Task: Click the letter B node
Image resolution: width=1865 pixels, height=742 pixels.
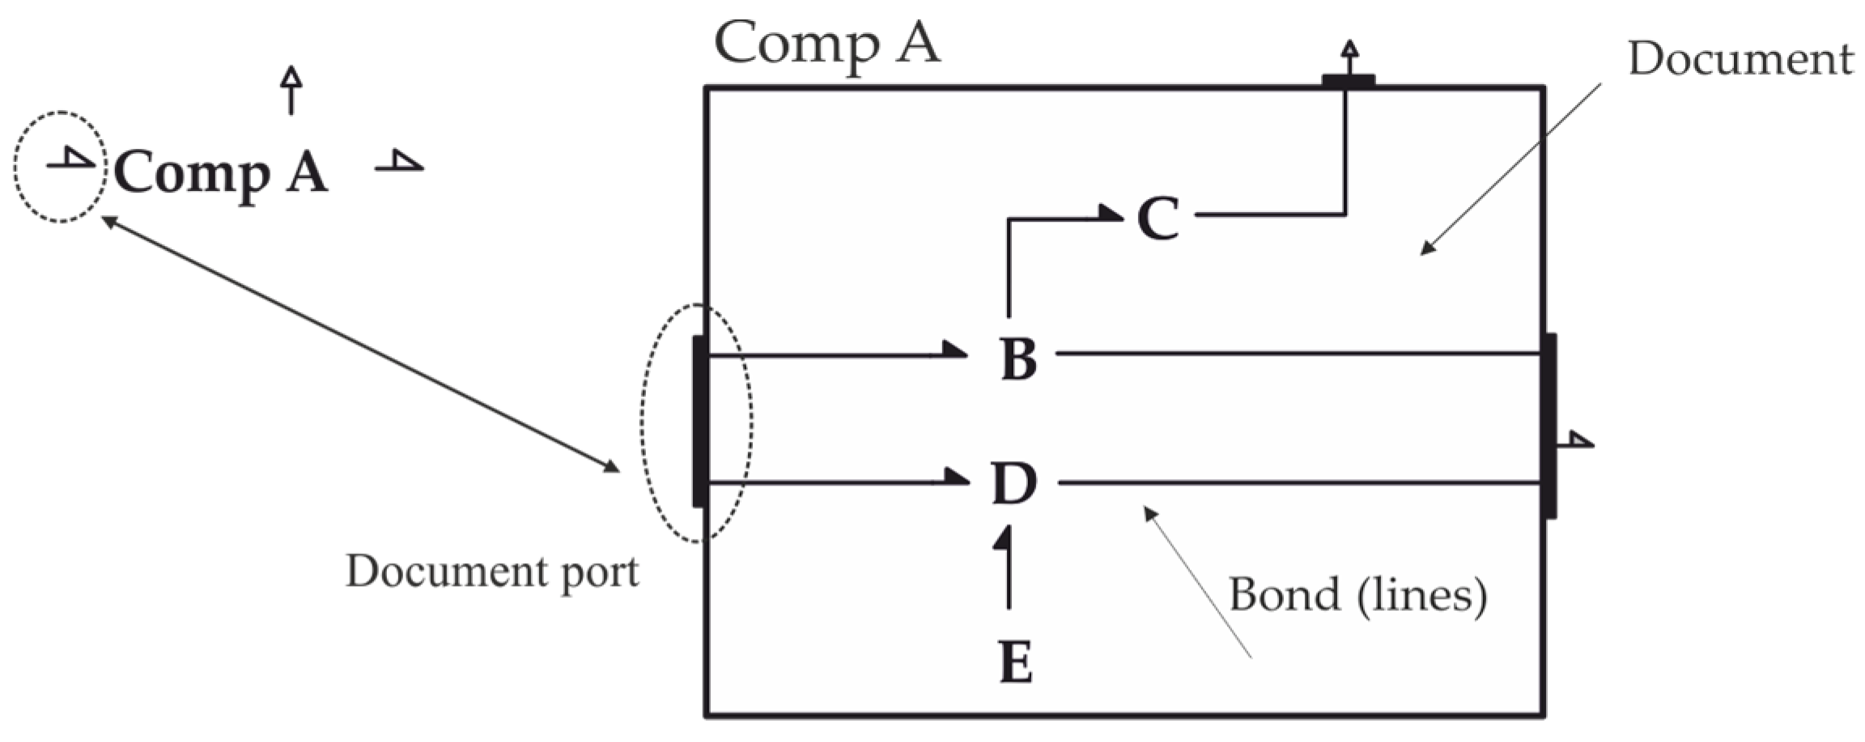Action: (x=1018, y=358)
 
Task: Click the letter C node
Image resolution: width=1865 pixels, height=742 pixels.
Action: (x=1158, y=218)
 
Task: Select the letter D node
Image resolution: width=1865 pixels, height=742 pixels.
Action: (x=1013, y=484)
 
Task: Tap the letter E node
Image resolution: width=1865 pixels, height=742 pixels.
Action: (x=1015, y=662)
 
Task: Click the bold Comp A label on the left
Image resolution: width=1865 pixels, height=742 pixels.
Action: (x=220, y=172)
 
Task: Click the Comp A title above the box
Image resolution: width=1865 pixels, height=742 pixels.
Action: (x=826, y=43)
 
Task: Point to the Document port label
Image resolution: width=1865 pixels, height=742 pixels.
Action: (x=492, y=571)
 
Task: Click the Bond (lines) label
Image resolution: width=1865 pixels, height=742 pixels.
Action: (x=1357, y=596)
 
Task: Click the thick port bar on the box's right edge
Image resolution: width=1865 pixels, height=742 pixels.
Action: (x=1548, y=425)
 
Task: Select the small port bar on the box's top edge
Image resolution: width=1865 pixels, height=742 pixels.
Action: (x=1348, y=80)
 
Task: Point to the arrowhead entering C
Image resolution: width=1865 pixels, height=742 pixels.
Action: (x=1111, y=213)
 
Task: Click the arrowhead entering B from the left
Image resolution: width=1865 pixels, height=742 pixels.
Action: (x=955, y=350)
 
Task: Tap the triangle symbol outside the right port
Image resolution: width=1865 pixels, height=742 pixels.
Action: (x=1578, y=439)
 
